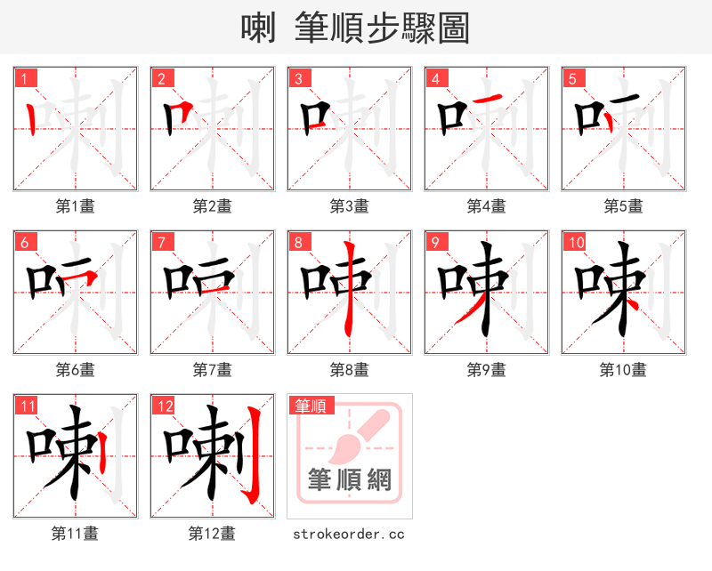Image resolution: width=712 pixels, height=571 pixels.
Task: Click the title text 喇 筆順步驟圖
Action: [x=355, y=28]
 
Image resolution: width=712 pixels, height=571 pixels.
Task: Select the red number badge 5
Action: [x=574, y=78]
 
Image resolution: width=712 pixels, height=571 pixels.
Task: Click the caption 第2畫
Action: [x=212, y=206]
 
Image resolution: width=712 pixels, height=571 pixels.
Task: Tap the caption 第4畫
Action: [x=486, y=206]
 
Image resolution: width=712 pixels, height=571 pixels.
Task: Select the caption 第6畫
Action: [x=75, y=370]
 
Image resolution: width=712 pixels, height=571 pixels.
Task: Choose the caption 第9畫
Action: [x=486, y=370]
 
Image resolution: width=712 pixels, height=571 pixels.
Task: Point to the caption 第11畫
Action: [x=75, y=534]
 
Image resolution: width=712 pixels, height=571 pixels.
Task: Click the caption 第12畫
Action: [x=212, y=534]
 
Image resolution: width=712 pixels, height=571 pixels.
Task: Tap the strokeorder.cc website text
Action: [x=349, y=534]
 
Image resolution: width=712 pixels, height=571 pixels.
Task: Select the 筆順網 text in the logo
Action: [x=349, y=481]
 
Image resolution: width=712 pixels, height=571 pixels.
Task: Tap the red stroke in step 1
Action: [x=33, y=117]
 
